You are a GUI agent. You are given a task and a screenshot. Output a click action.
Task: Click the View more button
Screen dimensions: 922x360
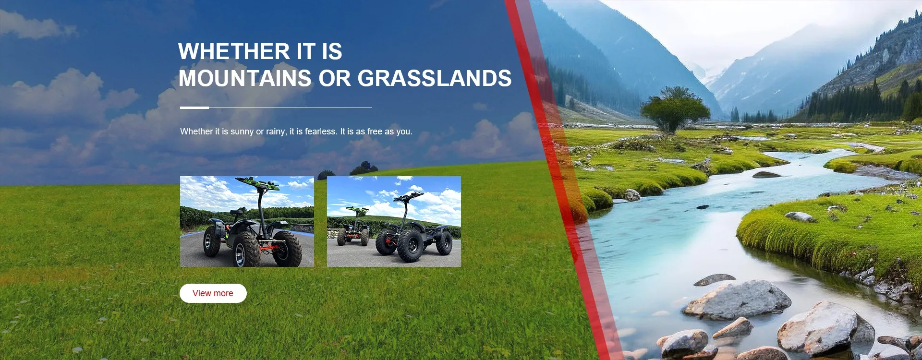213,293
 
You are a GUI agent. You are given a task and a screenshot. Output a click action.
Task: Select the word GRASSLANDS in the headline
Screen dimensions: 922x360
435,78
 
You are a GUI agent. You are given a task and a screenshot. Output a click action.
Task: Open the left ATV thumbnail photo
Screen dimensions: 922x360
247,221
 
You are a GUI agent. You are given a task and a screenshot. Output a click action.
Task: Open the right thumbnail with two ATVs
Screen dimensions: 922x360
394,221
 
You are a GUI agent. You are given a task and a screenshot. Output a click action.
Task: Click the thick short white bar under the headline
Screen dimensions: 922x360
194,108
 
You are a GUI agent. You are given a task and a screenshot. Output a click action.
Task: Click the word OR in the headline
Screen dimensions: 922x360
335,78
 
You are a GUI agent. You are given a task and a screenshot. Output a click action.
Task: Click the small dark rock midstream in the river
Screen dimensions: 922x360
766,175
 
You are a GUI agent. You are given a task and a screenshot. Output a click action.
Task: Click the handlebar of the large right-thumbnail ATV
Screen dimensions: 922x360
409,196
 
